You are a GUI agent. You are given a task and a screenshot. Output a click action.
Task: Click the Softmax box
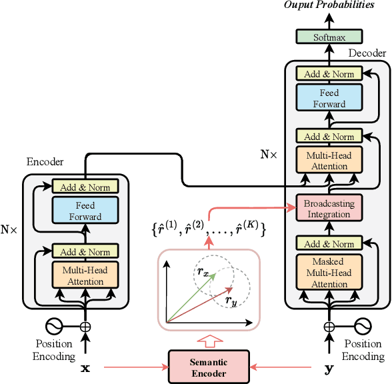click(329, 37)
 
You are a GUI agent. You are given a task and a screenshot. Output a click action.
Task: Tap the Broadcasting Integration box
click(329, 208)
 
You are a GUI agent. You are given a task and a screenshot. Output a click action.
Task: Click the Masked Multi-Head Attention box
click(329, 273)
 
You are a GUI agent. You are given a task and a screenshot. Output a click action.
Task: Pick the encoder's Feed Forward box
click(85, 211)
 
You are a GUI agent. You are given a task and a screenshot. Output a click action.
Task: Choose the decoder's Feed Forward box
click(329, 98)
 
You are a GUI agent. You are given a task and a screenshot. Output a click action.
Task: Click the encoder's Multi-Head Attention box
click(85, 275)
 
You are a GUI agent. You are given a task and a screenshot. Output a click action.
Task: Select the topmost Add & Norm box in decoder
click(329, 74)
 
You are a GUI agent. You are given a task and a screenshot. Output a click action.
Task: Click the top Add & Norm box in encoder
click(85, 187)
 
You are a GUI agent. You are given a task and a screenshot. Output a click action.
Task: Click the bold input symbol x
click(85, 368)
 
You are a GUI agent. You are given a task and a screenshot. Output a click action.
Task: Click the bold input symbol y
click(329, 368)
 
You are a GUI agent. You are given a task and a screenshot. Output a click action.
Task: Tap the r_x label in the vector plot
click(203, 271)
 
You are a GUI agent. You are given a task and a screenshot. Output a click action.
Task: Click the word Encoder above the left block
click(45, 162)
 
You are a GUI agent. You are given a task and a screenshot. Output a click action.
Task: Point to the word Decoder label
click(367, 53)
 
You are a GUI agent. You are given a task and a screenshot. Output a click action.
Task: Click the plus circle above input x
click(85, 327)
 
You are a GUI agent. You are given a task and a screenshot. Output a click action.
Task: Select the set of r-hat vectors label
click(208, 229)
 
